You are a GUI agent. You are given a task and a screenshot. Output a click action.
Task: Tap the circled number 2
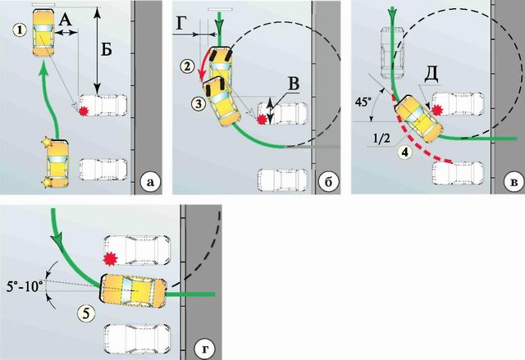(189, 65)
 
